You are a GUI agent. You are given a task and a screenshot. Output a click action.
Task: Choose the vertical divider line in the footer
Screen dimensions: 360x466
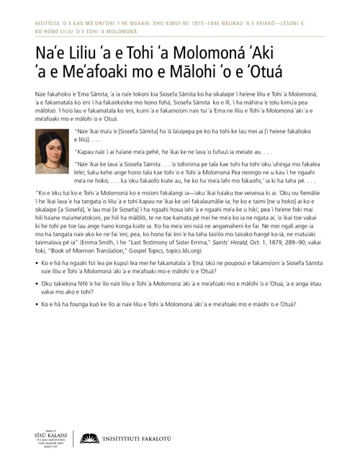(74, 439)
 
